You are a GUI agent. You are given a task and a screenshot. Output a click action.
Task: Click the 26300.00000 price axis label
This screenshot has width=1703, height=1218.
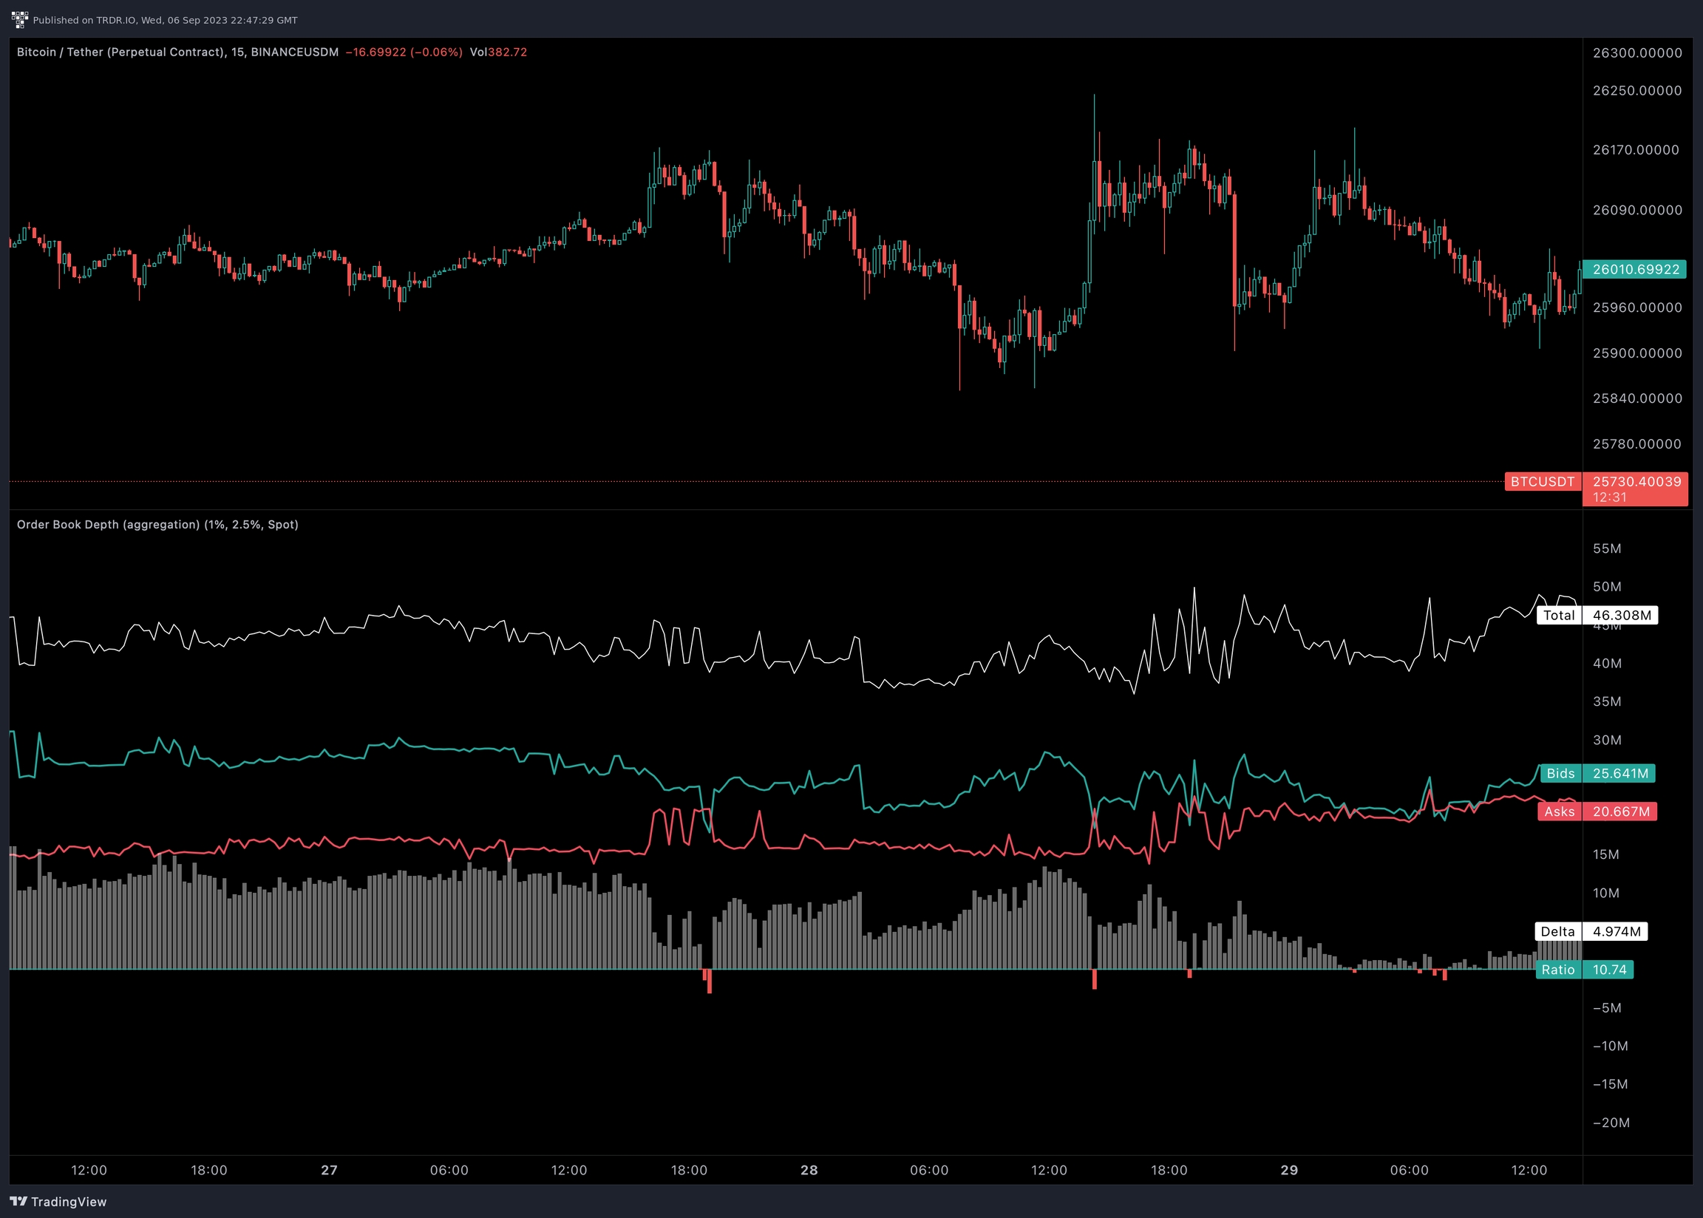coord(1637,52)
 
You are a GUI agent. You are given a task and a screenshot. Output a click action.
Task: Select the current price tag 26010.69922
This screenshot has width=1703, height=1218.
coord(1636,269)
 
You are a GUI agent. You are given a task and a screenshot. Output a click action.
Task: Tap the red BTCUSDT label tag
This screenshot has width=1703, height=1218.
coord(1543,481)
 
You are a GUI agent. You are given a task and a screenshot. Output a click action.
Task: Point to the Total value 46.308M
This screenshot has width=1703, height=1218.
coord(1621,616)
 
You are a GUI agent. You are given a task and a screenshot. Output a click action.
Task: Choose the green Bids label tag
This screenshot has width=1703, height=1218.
coord(1560,773)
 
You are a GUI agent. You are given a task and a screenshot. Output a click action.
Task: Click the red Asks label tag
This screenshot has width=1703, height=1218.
coord(1559,812)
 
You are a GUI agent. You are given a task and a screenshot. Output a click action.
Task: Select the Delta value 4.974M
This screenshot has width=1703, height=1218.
coord(1616,931)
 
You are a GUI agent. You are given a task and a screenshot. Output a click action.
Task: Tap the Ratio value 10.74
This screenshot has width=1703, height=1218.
coord(1609,970)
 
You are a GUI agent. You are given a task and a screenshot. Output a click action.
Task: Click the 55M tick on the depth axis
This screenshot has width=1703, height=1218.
coord(1607,548)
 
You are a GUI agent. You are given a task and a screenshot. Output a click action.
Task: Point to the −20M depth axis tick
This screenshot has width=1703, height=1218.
coord(1611,1123)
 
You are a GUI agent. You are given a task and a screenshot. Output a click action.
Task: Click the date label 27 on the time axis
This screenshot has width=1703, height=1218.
coord(329,1170)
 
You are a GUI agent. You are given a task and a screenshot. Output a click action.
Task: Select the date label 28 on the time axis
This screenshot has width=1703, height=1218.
coord(809,1170)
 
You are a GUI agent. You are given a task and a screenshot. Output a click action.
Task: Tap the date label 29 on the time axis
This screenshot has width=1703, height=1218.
coord(1289,1170)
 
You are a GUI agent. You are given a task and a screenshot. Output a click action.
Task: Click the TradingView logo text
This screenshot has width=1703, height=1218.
coord(59,1202)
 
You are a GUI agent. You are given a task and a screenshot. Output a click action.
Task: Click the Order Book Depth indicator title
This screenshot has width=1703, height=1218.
coord(157,524)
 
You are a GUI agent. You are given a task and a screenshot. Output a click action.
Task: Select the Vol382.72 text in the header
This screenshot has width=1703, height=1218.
coord(499,52)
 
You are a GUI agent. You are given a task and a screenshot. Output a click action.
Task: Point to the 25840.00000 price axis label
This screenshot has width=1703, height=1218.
coord(1637,398)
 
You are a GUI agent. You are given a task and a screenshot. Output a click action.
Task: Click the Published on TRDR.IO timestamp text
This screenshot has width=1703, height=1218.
coord(165,20)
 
